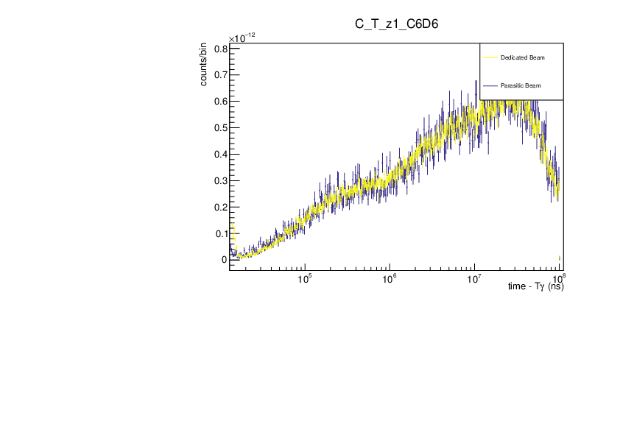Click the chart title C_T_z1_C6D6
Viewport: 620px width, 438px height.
(397, 24)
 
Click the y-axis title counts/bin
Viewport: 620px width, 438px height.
(204, 64)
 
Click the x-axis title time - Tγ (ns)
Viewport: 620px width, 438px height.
(535, 286)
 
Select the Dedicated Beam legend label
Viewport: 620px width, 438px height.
(522, 57)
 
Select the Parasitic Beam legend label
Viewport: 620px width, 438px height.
(521, 86)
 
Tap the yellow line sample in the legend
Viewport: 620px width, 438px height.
(490, 57)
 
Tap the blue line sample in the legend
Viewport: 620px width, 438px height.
(490, 86)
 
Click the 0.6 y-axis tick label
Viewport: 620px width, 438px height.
(219, 102)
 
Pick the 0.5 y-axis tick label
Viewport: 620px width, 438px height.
(219, 128)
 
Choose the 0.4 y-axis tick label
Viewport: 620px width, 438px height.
(219, 155)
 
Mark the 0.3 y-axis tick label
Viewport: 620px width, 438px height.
(219, 181)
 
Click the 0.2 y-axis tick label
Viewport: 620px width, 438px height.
(219, 208)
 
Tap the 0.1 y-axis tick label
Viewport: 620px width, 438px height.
(219, 234)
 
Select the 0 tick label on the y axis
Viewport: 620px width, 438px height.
(224, 260)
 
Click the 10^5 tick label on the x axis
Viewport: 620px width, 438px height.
(304, 278)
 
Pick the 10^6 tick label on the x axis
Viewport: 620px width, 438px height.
(389, 278)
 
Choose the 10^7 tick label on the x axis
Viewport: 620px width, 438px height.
(474, 278)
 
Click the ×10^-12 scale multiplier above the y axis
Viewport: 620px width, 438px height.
(242, 38)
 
